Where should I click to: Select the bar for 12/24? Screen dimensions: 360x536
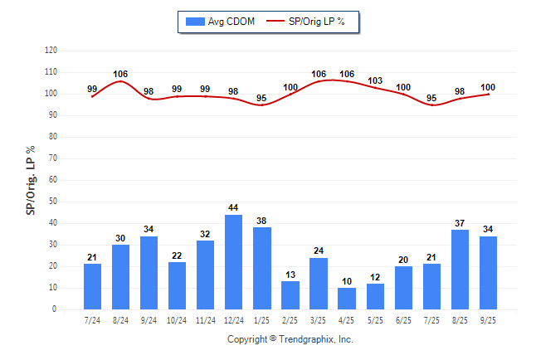pyautogui.click(x=234, y=262)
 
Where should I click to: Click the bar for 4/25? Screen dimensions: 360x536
pyautogui.click(x=347, y=299)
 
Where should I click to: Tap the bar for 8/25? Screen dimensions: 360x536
pyautogui.click(x=460, y=270)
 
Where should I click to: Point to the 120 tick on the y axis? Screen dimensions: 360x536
pyautogui.click(x=51, y=51)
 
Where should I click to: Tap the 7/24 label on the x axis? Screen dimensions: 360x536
pyautogui.click(x=92, y=319)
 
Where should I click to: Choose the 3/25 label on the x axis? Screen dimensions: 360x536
pyautogui.click(x=319, y=319)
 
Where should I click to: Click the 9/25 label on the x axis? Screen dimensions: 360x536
pyautogui.click(x=488, y=319)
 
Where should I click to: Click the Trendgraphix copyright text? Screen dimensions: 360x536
pyautogui.click(x=290, y=339)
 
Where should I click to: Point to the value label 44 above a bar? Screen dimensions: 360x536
pyautogui.click(x=234, y=207)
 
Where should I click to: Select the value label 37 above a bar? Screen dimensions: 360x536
pyautogui.click(x=460, y=222)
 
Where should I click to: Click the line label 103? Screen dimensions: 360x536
pyautogui.click(x=375, y=80)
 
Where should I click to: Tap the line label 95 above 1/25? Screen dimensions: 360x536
pyautogui.click(x=262, y=98)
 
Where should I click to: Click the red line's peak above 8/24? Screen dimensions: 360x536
pyautogui.click(x=121, y=81)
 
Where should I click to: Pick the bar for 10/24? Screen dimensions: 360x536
pyautogui.click(x=178, y=286)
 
